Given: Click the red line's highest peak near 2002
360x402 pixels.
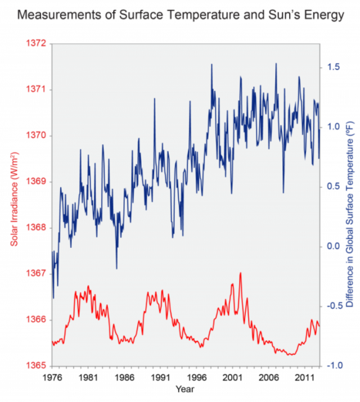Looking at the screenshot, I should [x=240, y=273].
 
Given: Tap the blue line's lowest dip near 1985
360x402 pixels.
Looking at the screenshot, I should [x=116, y=268].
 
